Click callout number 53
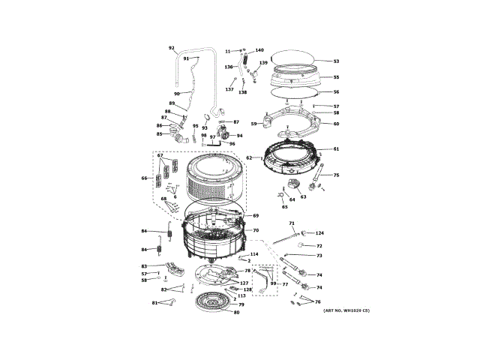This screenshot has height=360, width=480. tap(336, 61)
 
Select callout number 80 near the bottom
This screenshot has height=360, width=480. tap(237, 312)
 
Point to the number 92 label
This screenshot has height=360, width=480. tap(171, 47)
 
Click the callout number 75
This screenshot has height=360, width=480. tap(336, 175)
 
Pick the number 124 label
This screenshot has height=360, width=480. tap(319, 233)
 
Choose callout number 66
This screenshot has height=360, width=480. tap(144, 178)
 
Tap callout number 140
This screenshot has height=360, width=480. tap(259, 50)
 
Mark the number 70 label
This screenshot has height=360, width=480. tap(256, 230)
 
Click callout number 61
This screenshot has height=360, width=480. tap(336, 149)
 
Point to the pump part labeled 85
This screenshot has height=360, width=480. tap(178, 136)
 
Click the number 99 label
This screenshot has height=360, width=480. tap(273, 283)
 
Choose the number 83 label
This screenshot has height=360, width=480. tap(144, 266)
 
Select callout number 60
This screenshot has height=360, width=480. tap(336, 124)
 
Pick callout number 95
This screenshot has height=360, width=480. tap(195, 126)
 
